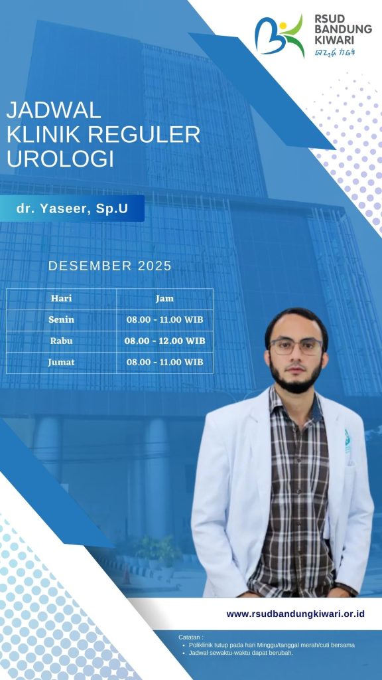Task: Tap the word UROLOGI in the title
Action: pyautogui.click(x=60, y=159)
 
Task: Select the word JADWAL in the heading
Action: pyautogui.click(x=54, y=110)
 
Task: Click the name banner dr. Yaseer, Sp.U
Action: pyautogui.click(x=72, y=208)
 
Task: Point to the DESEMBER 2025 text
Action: pyautogui.click(x=110, y=266)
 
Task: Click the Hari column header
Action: pyautogui.click(x=62, y=298)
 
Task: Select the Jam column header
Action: pyautogui.click(x=164, y=298)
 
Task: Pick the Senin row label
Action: pyautogui.click(x=62, y=319)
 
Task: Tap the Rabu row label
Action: pyautogui.click(x=62, y=341)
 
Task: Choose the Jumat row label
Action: pyautogui.click(x=62, y=362)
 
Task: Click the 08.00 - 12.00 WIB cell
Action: pyautogui.click(x=164, y=341)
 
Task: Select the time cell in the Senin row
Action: pyautogui.click(x=164, y=319)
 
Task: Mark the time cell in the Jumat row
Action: pyautogui.click(x=164, y=362)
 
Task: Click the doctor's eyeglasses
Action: pyautogui.click(x=296, y=347)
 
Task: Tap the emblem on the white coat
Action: pyautogui.click(x=348, y=441)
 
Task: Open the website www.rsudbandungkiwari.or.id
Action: pyautogui.click(x=295, y=614)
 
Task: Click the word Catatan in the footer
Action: pyautogui.click(x=190, y=637)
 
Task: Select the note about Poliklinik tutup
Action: pyautogui.click(x=272, y=645)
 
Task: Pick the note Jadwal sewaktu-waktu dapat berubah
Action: pyautogui.click(x=241, y=653)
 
